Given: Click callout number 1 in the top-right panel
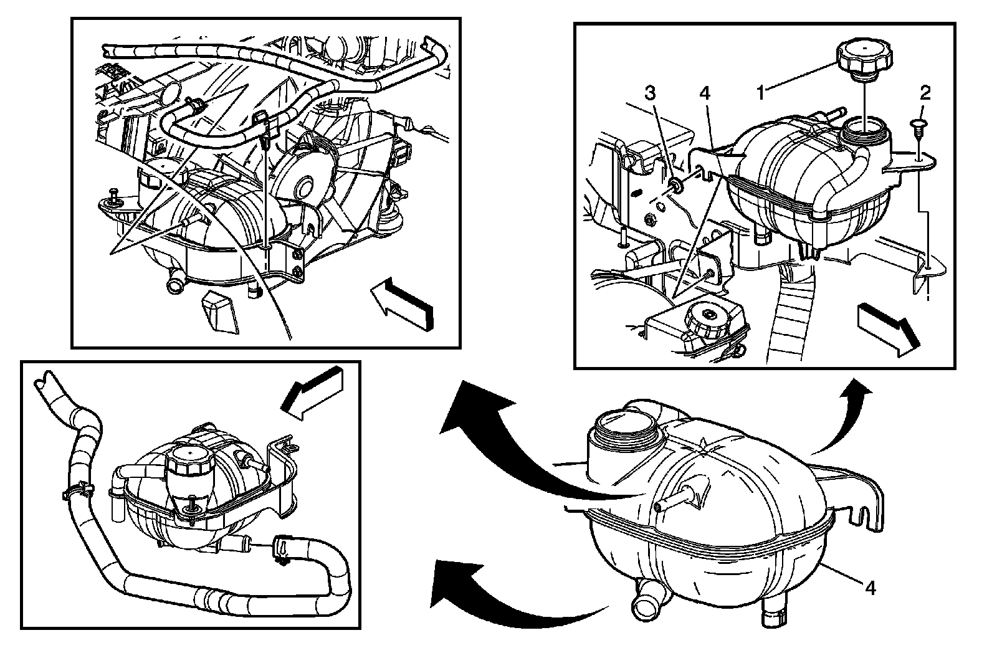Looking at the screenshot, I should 761,94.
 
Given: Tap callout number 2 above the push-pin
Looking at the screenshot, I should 925,93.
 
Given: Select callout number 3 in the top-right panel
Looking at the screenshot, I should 650,93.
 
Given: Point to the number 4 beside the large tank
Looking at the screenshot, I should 871,587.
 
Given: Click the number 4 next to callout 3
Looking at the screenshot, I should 704,93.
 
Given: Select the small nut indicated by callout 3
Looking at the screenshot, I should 675,185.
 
